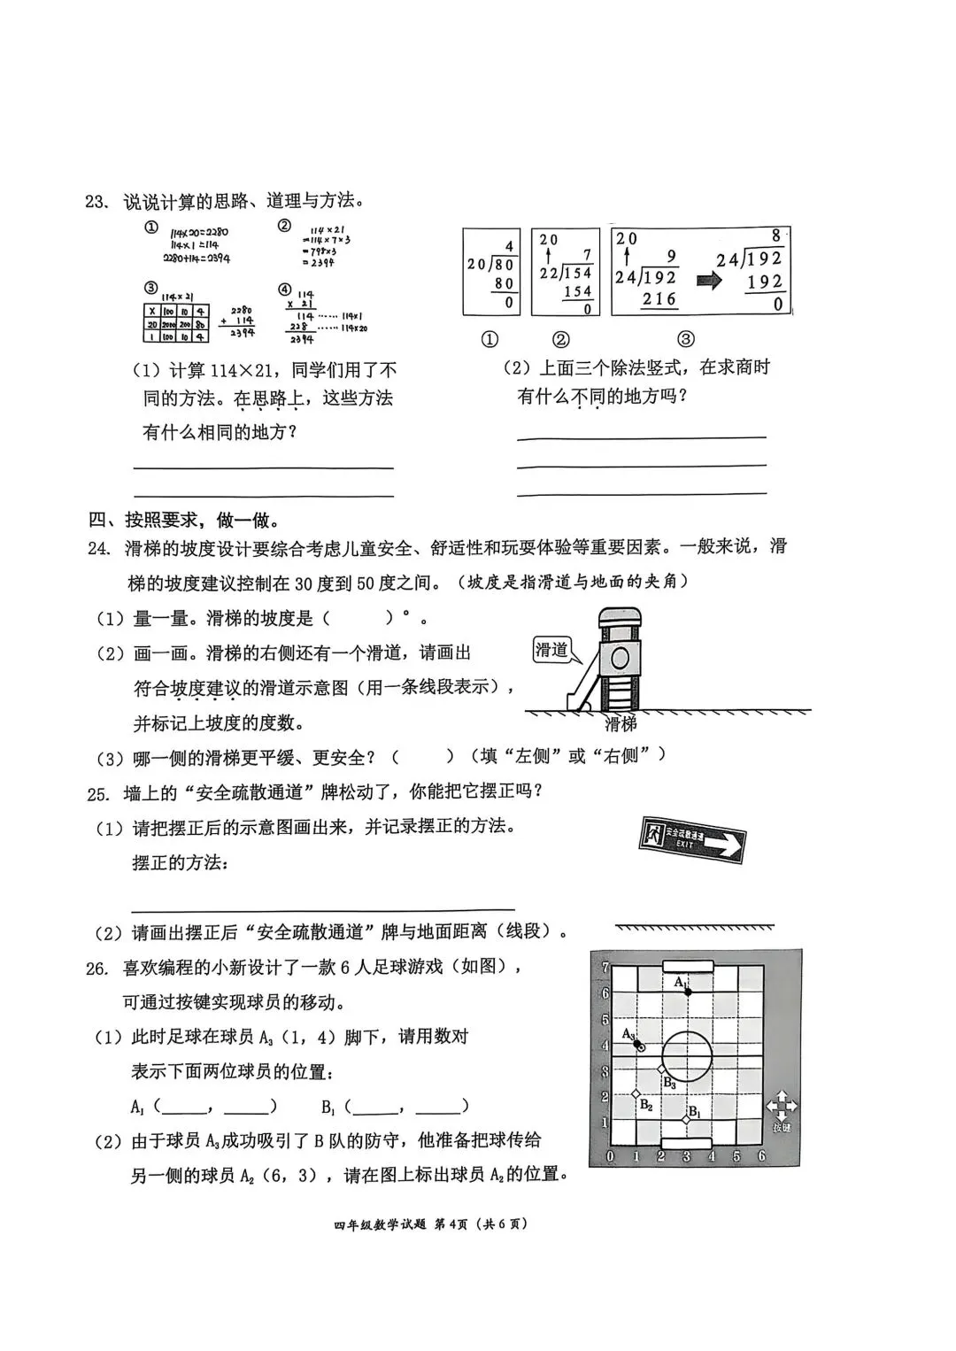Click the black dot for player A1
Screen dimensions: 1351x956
click(x=688, y=992)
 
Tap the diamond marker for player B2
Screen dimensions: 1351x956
click(x=636, y=1094)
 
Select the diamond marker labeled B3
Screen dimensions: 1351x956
click(x=660, y=1069)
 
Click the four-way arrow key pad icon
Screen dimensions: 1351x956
click(x=782, y=1106)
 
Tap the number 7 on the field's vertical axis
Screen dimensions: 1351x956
click(x=605, y=968)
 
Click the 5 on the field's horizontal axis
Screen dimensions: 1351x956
click(x=737, y=1155)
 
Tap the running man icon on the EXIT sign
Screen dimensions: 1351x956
click(x=652, y=832)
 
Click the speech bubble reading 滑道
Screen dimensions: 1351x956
click(x=551, y=650)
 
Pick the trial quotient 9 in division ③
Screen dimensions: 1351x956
click(x=672, y=257)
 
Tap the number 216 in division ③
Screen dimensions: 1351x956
click(x=659, y=299)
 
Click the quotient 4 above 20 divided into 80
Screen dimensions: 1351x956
click(x=509, y=246)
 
